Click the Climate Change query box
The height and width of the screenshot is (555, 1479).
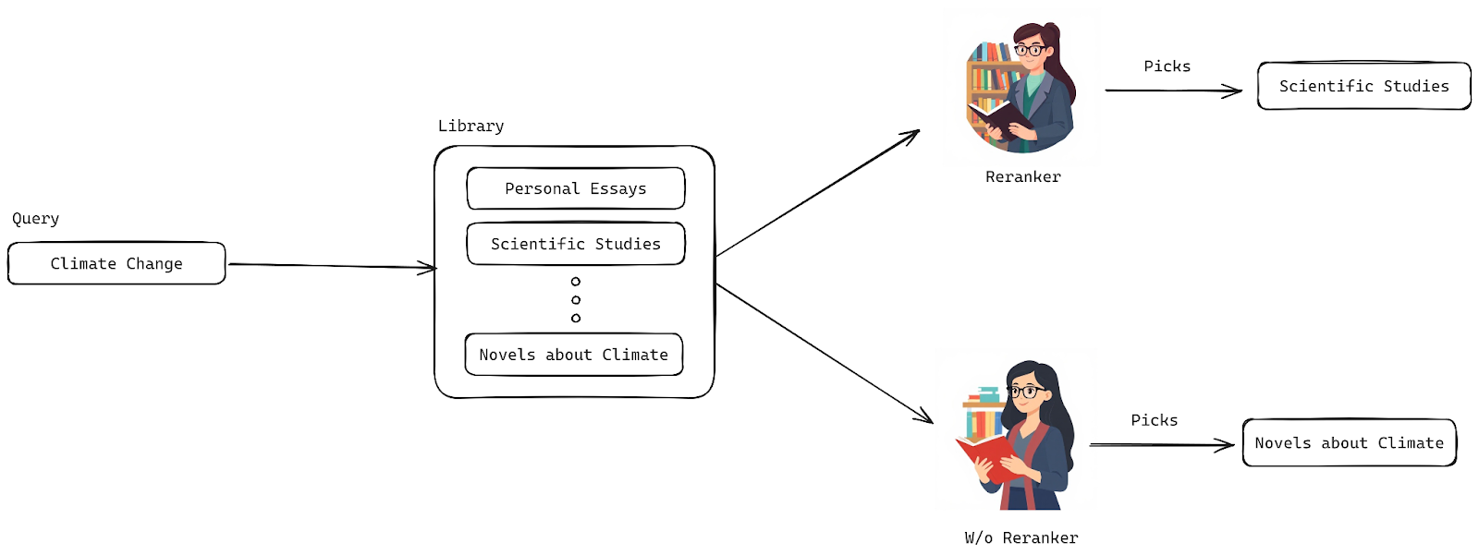pos(116,264)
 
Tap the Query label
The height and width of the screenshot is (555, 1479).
pos(36,219)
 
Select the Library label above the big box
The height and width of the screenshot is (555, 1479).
pos(471,127)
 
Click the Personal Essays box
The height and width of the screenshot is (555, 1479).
pos(575,189)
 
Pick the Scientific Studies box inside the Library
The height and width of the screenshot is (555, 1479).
pos(575,245)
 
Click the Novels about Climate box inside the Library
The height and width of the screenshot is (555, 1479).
pos(573,356)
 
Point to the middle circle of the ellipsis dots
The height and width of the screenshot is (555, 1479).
pos(576,300)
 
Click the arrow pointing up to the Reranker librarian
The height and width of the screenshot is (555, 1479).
pos(818,193)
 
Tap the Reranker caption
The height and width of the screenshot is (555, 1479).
pos(1022,177)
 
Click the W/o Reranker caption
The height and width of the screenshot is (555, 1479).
pos(1021,538)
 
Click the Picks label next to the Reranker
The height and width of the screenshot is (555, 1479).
pos(1167,66)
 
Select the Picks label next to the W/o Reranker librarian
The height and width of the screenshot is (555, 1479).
pos(1154,420)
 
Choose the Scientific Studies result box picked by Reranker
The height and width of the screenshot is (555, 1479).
pos(1363,87)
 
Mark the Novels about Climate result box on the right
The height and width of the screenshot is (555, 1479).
pos(1349,443)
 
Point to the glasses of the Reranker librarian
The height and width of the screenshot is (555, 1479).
pos(1029,50)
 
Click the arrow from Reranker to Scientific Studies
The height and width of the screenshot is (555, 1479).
pos(1173,90)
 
